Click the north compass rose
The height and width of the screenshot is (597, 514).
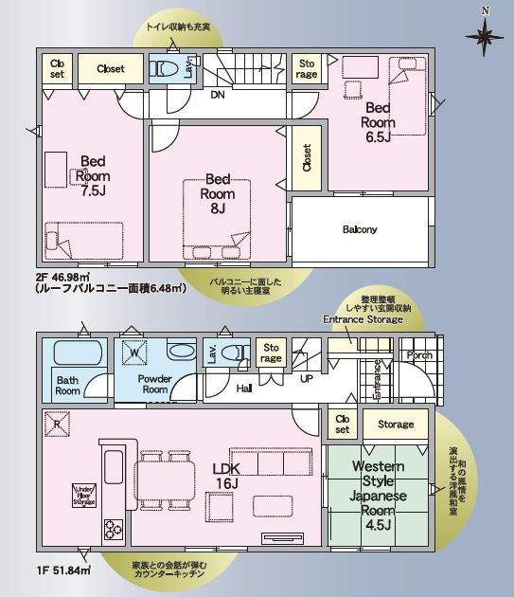coord(486,36)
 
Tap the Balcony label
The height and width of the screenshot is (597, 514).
coord(359,229)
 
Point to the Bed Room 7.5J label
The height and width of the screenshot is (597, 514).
coord(93,175)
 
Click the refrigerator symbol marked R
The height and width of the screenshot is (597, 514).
coord(55,425)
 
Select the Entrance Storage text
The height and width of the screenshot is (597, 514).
coord(363,320)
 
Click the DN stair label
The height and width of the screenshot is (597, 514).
coord(217,95)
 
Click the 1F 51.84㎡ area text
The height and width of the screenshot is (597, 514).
coord(63,571)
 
